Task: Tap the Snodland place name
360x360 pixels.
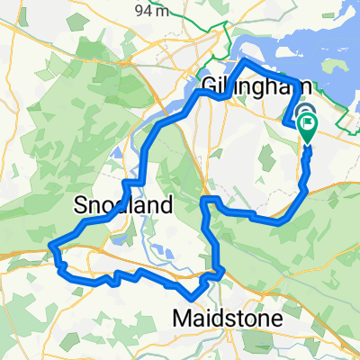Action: (x=123, y=205)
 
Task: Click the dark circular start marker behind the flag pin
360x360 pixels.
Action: (x=298, y=117)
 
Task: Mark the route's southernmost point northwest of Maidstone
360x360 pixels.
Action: (x=192, y=298)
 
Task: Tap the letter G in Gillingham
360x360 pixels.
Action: (x=208, y=87)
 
